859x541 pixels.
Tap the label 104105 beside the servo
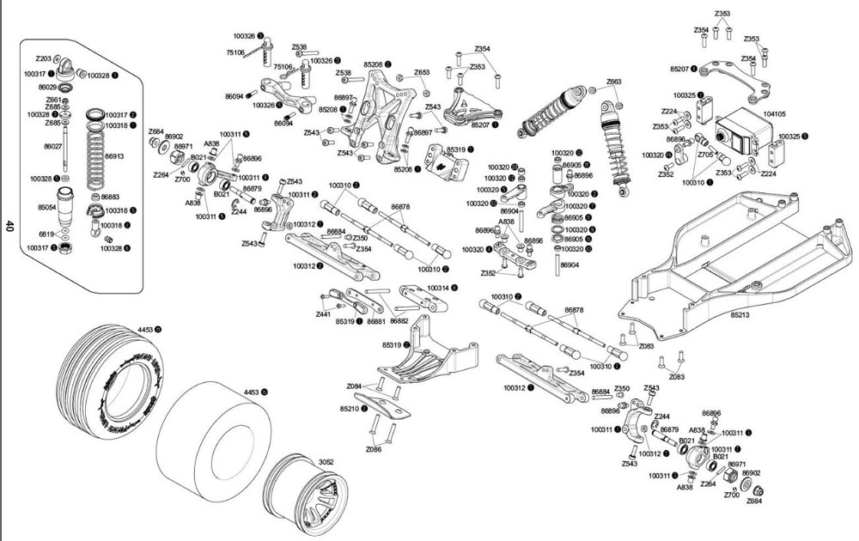tap(774, 113)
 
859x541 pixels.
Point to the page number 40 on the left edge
tap(9, 227)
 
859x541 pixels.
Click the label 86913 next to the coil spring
tap(114, 157)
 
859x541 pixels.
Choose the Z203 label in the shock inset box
tap(44, 58)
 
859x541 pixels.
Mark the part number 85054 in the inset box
tap(46, 207)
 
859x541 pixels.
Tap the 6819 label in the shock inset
tap(47, 234)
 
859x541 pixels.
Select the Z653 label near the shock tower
tap(422, 73)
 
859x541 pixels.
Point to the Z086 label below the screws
tap(373, 449)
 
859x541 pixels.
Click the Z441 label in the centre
tap(323, 315)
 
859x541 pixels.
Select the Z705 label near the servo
tap(705, 155)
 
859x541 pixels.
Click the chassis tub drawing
tap(730, 258)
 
